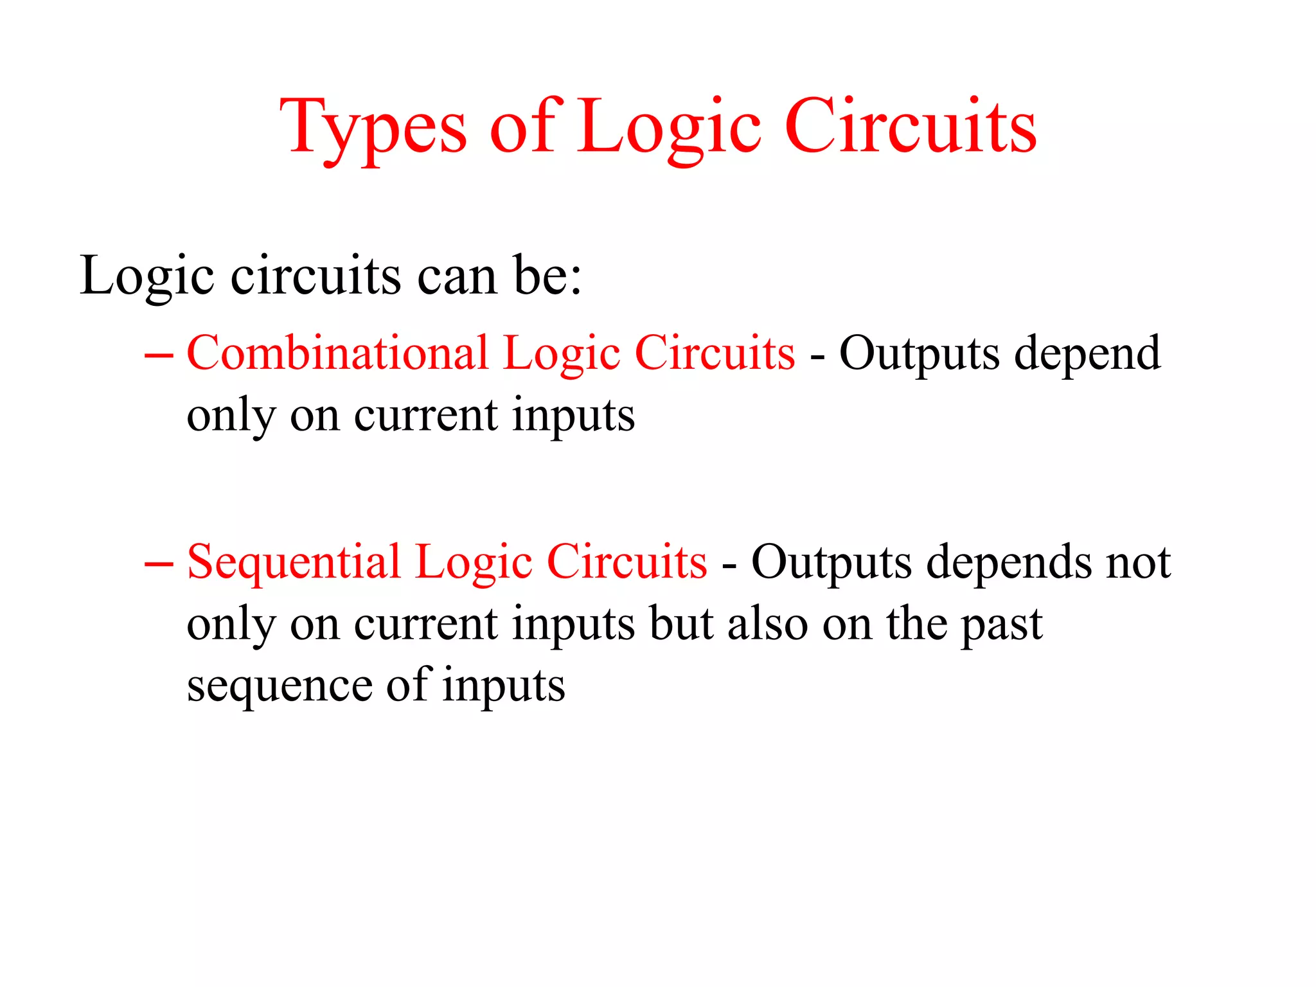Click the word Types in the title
tap(373, 129)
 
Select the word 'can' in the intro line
tap(457, 276)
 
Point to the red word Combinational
tap(337, 353)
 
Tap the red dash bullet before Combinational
tap(159, 355)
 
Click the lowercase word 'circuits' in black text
tap(316, 276)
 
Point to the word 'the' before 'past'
tap(917, 624)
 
